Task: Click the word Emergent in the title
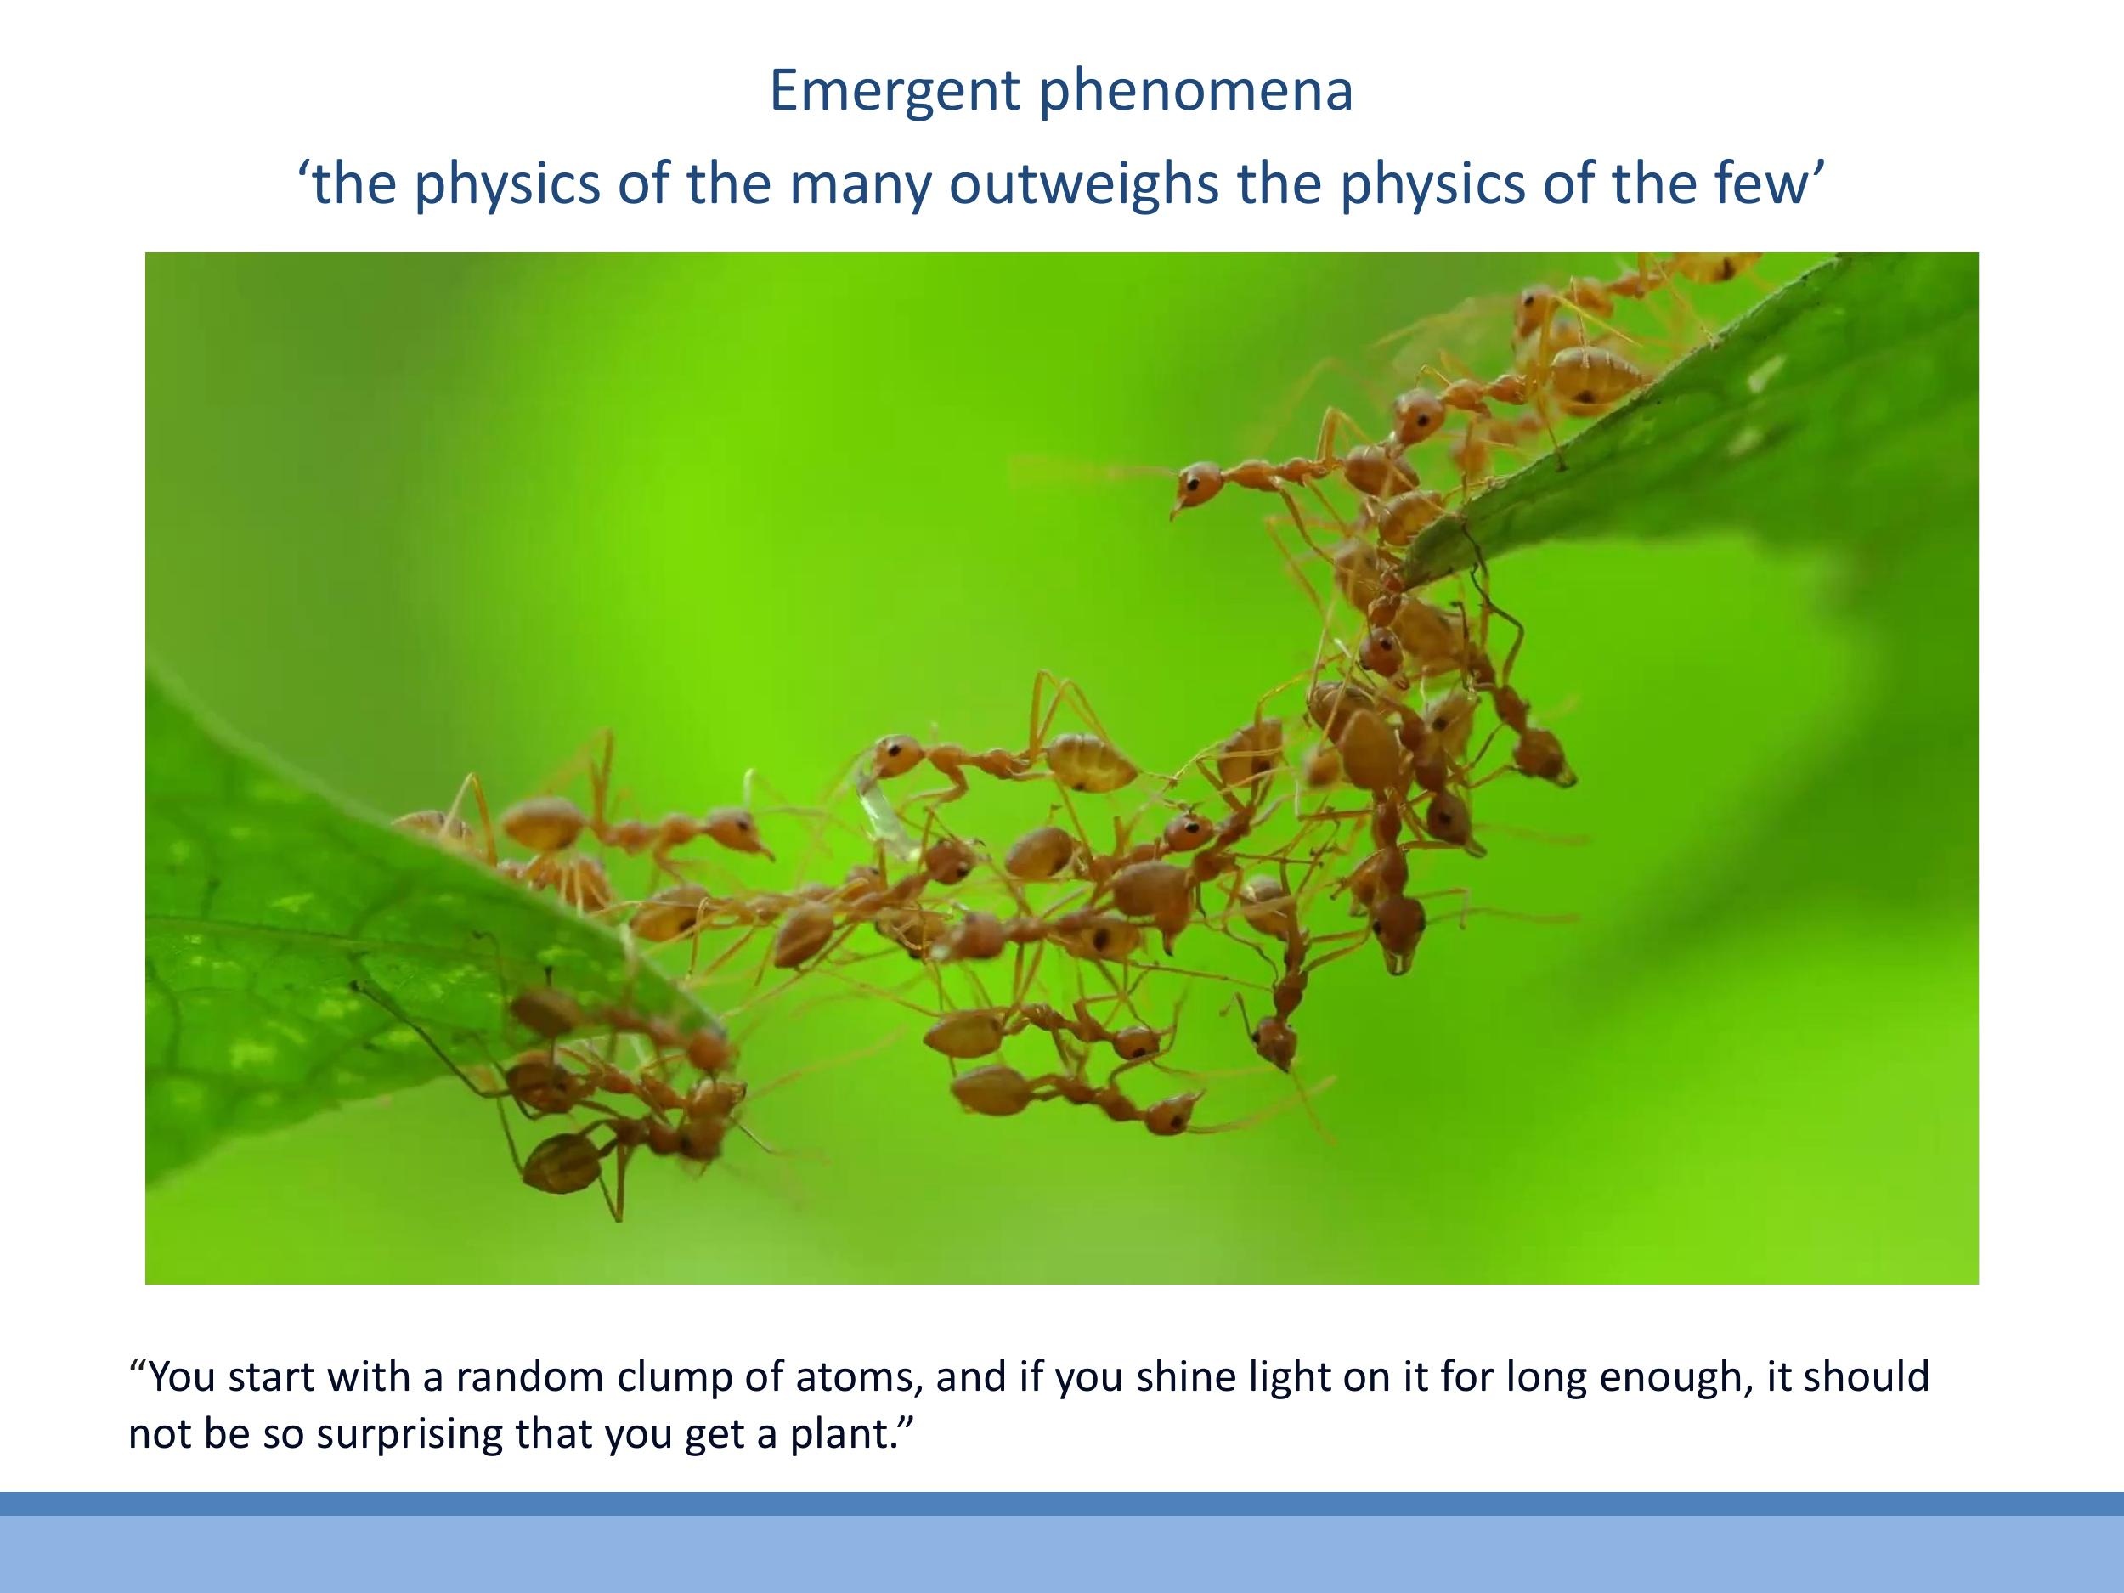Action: coord(894,91)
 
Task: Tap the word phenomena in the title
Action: coord(1195,91)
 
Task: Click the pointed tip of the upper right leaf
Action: coord(1411,576)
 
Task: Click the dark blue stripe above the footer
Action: coord(1062,1503)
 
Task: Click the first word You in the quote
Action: coord(182,1376)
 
